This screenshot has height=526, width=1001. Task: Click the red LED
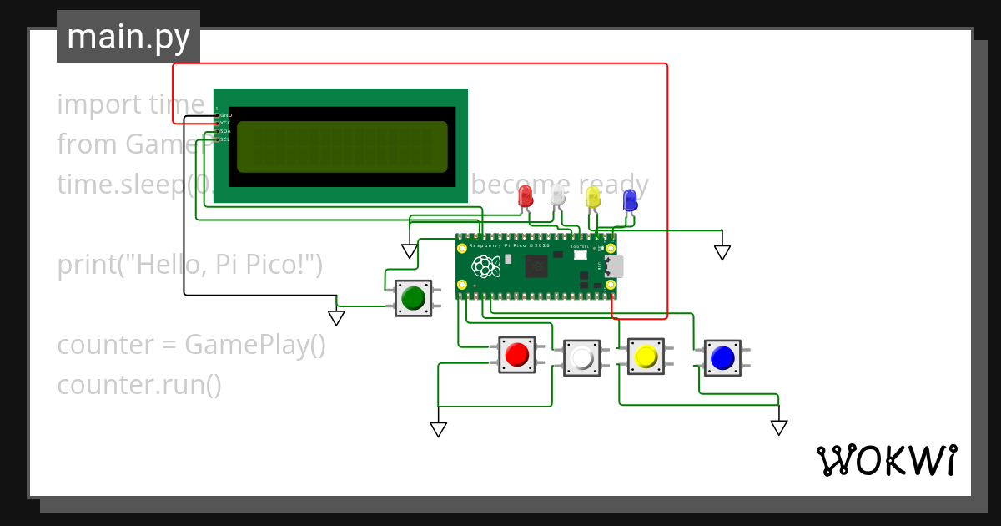526,197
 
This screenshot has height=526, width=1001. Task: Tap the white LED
558,197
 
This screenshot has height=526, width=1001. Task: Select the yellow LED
593,198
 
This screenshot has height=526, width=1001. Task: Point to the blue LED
630,200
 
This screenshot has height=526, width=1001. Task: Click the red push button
517,354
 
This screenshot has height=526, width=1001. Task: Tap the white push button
581,358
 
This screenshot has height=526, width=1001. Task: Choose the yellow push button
645,357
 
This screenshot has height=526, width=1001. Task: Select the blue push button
722,357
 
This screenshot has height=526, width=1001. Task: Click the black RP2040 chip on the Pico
535,267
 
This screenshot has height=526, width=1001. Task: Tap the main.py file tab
128,37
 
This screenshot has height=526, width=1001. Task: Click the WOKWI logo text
886,461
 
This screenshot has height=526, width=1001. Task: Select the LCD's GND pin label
225,114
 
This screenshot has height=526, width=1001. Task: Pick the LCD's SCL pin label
225,139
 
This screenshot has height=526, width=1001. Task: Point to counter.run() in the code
139,385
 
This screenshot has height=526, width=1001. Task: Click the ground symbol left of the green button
336,318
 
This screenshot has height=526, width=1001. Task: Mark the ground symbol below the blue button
779,427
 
